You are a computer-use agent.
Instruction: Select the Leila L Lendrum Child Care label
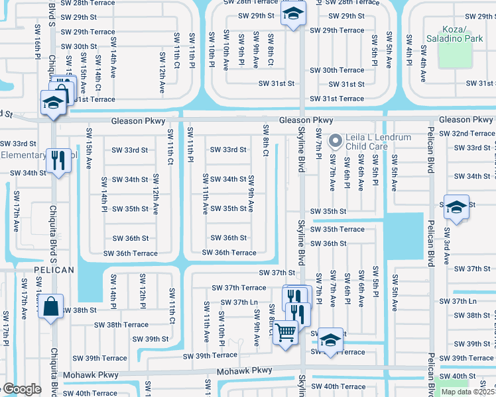(379, 142)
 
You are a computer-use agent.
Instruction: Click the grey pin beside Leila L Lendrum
(336, 141)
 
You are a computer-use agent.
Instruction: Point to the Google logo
(21, 388)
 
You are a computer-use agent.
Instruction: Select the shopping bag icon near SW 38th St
(50, 306)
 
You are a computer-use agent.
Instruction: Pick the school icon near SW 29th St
(290, 13)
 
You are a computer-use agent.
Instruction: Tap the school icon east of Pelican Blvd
(456, 206)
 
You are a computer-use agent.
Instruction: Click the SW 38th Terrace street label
(121, 325)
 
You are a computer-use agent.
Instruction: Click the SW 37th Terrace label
(239, 288)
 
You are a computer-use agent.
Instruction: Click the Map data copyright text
(467, 392)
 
